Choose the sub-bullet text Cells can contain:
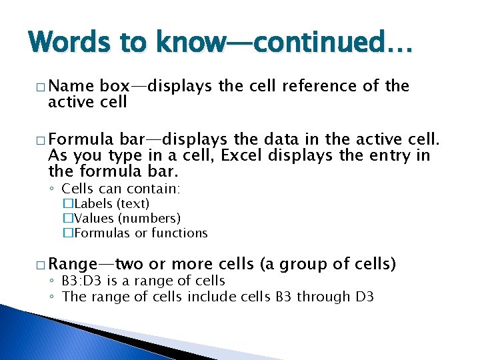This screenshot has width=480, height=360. [121, 189]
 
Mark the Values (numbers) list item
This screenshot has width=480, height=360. [126, 219]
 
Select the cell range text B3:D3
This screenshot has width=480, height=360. [85, 281]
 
